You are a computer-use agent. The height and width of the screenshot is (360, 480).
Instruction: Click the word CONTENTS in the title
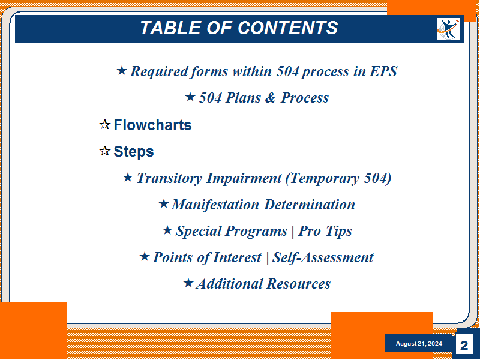click(288, 28)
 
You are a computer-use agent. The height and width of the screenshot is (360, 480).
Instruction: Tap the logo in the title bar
click(448, 29)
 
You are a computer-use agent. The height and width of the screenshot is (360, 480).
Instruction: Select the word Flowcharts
click(152, 125)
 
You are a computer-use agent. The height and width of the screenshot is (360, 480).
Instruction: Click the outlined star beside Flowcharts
click(104, 125)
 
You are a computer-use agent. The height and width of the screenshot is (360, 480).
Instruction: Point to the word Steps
click(133, 152)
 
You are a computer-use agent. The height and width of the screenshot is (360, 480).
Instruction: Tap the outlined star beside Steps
click(104, 151)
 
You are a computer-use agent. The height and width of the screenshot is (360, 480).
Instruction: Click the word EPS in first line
click(383, 71)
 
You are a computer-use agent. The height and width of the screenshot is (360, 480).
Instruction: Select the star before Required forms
click(122, 71)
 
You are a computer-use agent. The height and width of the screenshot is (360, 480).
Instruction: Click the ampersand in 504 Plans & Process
click(270, 98)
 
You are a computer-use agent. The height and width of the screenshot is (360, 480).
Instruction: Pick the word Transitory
click(169, 178)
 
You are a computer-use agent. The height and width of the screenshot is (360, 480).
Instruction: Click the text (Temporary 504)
click(338, 178)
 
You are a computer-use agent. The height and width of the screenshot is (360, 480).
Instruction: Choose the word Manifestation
click(215, 205)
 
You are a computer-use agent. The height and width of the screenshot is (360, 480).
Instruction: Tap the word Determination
click(310, 205)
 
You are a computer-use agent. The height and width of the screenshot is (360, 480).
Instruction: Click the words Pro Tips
click(325, 231)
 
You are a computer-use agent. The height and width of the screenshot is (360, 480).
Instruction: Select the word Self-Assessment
click(323, 257)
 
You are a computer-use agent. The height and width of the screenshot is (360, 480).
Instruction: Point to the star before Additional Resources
click(188, 283)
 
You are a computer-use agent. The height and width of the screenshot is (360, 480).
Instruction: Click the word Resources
click(298, 284)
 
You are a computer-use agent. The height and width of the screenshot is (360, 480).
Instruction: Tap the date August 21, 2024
click(419, 343)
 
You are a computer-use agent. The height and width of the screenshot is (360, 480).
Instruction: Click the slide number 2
click(464, 346)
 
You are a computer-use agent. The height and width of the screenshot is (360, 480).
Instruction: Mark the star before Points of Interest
click(145, 257)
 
